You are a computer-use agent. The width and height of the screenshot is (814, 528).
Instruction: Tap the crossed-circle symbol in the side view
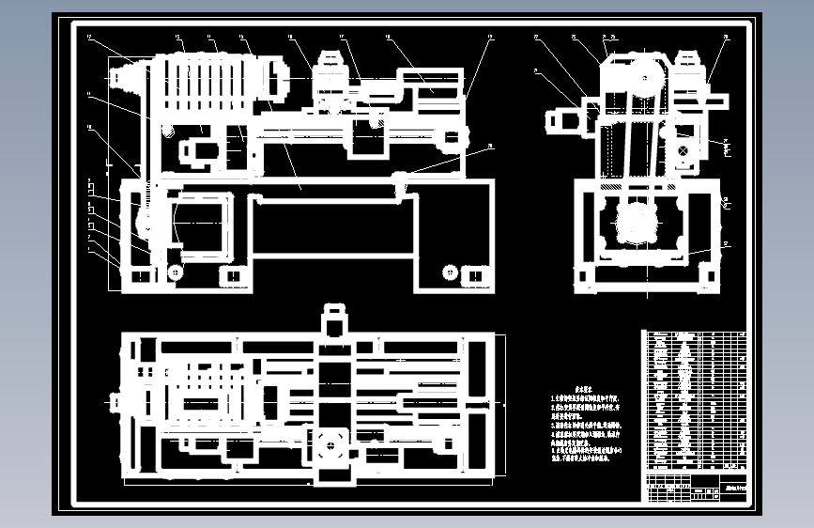(x=682, y=150)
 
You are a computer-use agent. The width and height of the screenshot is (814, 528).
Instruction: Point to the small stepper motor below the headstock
(x=201, y=149)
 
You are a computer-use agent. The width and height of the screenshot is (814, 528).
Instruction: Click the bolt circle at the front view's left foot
(x=175, y=272)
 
